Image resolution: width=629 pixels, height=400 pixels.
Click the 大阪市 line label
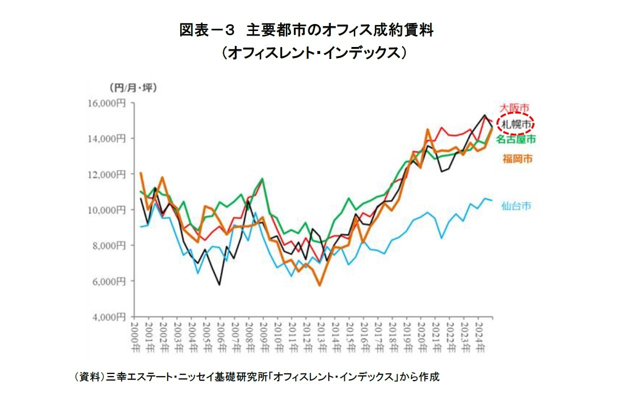coord(515,107)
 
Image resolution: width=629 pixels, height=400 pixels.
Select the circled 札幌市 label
coord(515,124)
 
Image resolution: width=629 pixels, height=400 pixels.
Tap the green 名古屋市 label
coord(515,139)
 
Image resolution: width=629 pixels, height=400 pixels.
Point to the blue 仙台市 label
coord(515,206)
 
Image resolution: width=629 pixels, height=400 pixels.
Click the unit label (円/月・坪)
coord(133,88)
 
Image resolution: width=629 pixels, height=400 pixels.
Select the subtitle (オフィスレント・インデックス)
coord(314,52)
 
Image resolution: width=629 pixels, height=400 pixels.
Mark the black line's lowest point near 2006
coord(219,284)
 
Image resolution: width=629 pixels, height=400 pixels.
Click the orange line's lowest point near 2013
coord(320,285)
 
